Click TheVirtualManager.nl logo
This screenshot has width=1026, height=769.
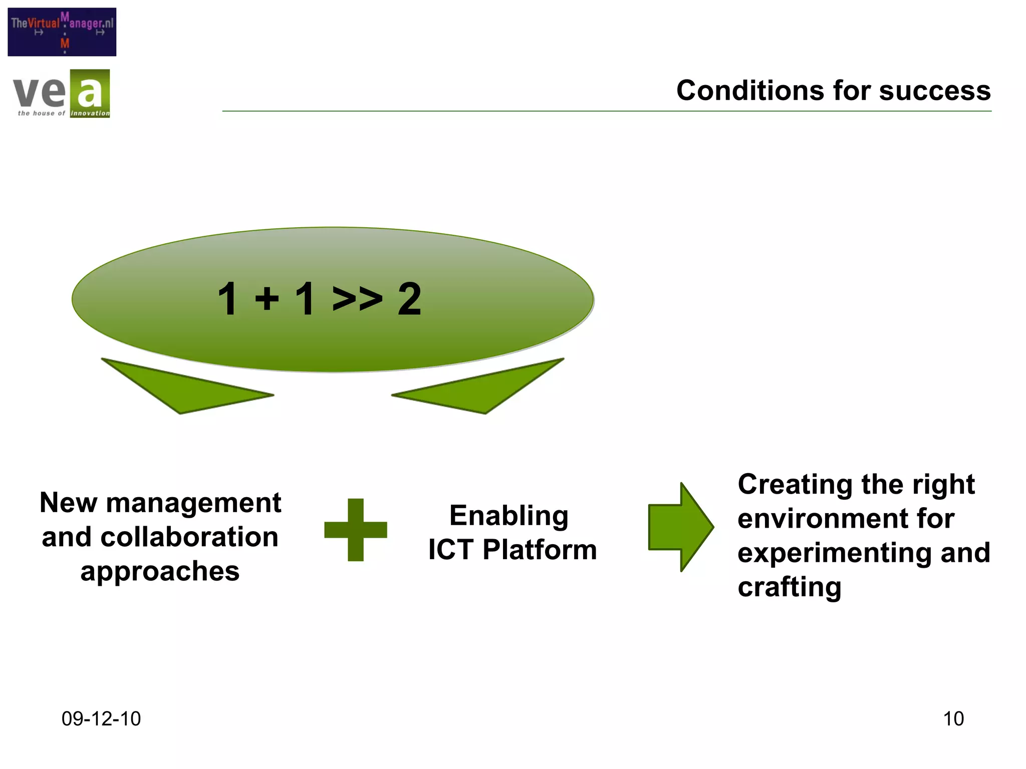pos(62,32)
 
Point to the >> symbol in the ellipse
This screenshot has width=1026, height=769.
pos(357,299)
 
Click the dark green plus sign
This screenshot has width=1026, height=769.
pos(356,530)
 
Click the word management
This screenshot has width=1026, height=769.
pos(193,503)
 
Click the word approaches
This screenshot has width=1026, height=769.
pos(160,571)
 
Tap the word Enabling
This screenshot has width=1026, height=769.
pos(509,516)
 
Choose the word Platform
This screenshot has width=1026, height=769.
pos(540,550)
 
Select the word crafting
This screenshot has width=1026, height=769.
pos(789,587)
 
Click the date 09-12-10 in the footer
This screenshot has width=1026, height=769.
pos(101,719)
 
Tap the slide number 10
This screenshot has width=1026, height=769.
pos(953,719)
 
